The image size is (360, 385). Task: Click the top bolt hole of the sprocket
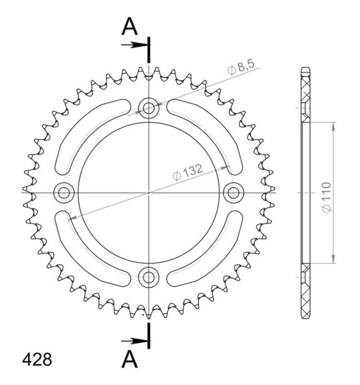point(149,108)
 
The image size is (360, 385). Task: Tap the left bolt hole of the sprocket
point(64,193)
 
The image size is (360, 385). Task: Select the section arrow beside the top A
point(133,45)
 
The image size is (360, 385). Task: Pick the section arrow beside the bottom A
point(133,340)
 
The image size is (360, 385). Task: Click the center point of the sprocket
point(149,193)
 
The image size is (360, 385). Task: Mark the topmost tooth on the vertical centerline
point(149,70)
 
